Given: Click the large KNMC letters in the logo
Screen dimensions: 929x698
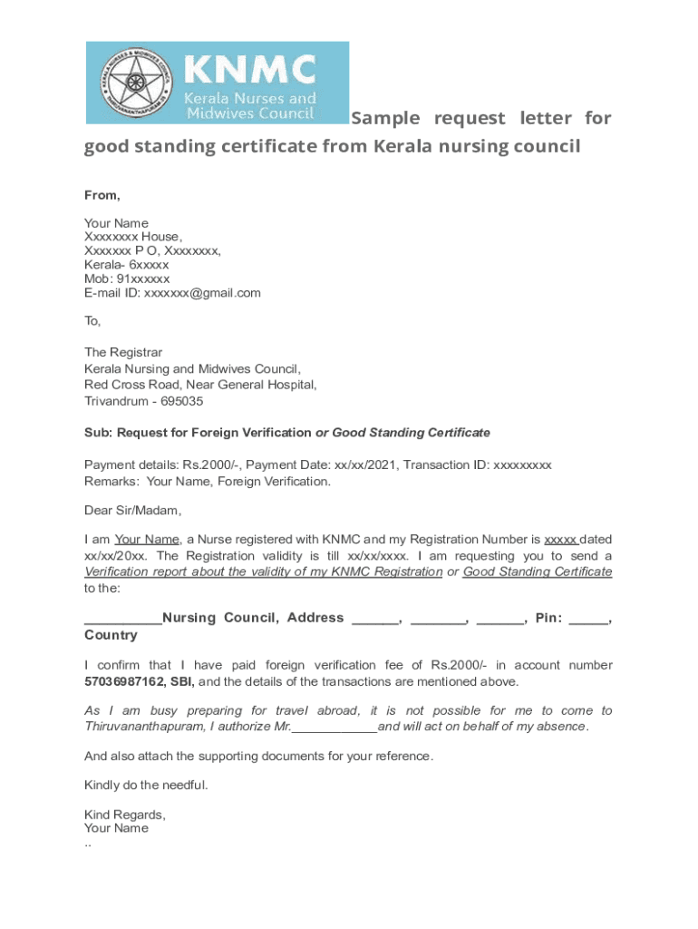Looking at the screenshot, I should click(251, 70).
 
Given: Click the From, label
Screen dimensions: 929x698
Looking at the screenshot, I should click(102, 195).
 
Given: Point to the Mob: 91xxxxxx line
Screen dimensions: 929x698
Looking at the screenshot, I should click(127, 279).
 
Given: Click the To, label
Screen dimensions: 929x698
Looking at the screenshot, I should click(93, 321).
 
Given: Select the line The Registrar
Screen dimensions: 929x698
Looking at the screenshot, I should click(123, 352).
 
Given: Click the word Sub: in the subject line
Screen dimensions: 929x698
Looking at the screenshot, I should click(98, 432).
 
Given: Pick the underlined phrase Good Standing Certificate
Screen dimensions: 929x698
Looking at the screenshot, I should click(538, 572).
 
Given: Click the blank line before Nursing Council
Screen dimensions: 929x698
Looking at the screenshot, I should click(122, 619).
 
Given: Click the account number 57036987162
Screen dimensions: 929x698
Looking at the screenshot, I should click(124, 680).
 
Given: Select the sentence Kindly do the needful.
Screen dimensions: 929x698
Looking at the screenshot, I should click(146, 785).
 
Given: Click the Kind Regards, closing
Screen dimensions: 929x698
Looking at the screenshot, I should click(124, 815).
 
